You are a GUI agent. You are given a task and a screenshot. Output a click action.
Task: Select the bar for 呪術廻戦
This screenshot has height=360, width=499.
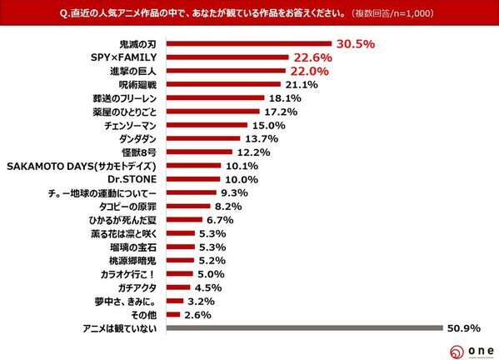point(222,84)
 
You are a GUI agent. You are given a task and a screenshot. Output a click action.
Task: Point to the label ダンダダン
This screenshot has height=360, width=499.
point(137,138)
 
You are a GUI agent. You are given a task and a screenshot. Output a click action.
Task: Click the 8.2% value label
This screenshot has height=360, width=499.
point(227,206)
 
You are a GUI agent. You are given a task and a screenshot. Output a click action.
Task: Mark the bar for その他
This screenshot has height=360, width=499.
point(174,314)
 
